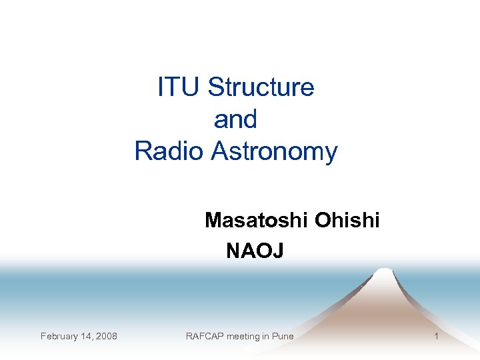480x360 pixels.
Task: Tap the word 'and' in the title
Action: [235, 120]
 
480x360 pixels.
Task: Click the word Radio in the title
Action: [170, 151]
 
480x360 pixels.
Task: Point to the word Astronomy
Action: [275, 152]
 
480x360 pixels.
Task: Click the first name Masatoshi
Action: [257, 220]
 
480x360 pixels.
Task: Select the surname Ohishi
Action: [347, 220]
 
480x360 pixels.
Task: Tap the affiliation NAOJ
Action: [255, 251]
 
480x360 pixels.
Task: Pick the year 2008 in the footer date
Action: [106, 336]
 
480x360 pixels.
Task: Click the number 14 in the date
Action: [86, 336]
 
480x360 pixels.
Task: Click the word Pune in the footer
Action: [283, 336]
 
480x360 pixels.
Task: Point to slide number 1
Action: [436, 336]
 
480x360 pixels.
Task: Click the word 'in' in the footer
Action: [266, 336]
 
